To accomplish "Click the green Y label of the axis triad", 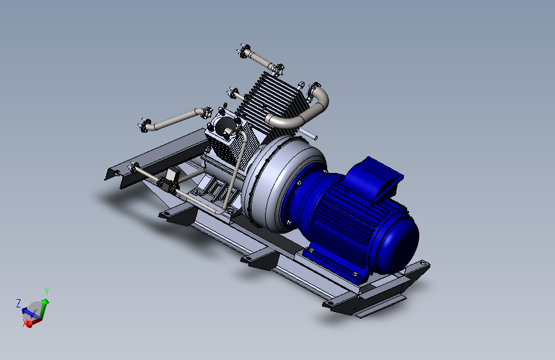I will point(46,291).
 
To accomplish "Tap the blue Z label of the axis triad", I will point(19,302).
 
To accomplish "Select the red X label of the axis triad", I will point(26,324).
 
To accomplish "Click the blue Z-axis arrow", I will point(29,312).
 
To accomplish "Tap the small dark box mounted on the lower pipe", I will point(171,177).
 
